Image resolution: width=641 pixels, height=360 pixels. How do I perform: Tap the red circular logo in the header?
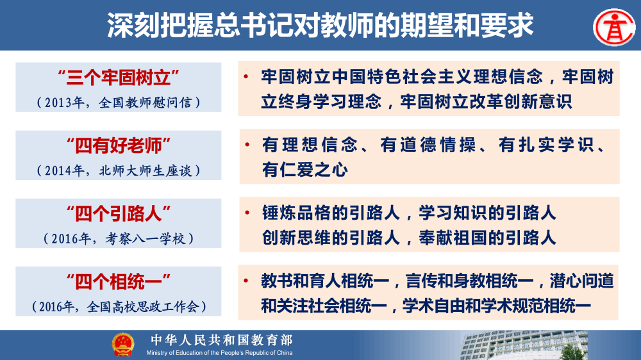(612, 25)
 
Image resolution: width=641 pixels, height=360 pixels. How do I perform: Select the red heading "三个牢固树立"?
(118, 78)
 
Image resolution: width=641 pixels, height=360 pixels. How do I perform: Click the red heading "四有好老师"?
(118, 146)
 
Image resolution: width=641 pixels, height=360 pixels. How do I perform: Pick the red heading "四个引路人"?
(118, 213)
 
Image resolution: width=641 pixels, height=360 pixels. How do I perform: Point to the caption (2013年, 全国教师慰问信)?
(118, 102)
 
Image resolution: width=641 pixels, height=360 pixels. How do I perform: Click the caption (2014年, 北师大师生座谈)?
(118, 170)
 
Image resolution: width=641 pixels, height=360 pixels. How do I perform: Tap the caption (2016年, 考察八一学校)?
(118, 238)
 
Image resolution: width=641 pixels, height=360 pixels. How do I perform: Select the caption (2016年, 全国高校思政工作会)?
(118, 306)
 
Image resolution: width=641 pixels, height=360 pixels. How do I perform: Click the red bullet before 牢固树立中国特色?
(246, 78)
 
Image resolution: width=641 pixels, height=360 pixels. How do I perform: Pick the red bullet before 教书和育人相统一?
(246, 281)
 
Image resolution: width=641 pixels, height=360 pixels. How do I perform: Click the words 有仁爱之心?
(304, 170)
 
